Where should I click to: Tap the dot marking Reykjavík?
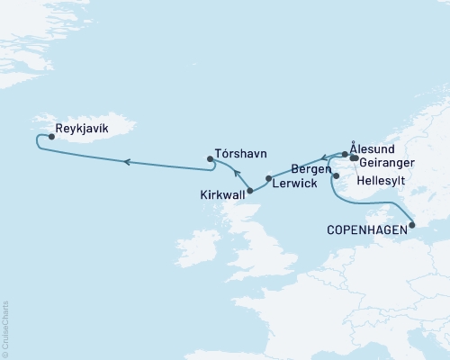pos(50,138)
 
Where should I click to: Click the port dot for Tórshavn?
pos(211,159)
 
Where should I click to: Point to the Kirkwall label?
pos(222,193)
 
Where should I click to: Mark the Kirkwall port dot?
pos(250,191)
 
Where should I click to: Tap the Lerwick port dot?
pos(268,178)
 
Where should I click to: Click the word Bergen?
pos(310,169)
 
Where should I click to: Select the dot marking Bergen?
pos(336,176)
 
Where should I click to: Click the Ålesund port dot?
pos(345,154)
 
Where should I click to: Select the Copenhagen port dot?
pos(412,228)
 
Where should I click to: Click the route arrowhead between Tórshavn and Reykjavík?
pos(127,162)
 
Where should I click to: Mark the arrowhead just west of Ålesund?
pos(326,157)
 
